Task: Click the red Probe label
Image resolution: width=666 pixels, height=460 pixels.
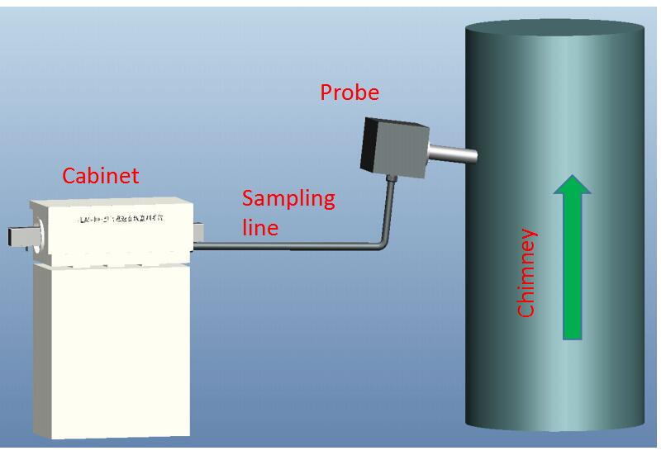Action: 350,92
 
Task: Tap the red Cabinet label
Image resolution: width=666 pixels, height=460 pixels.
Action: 101,176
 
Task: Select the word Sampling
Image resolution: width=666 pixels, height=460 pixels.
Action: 288,199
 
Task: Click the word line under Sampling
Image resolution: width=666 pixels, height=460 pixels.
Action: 259,226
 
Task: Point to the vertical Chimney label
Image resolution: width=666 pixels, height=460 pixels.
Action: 526,273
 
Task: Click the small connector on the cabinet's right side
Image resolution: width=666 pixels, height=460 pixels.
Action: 198,232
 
